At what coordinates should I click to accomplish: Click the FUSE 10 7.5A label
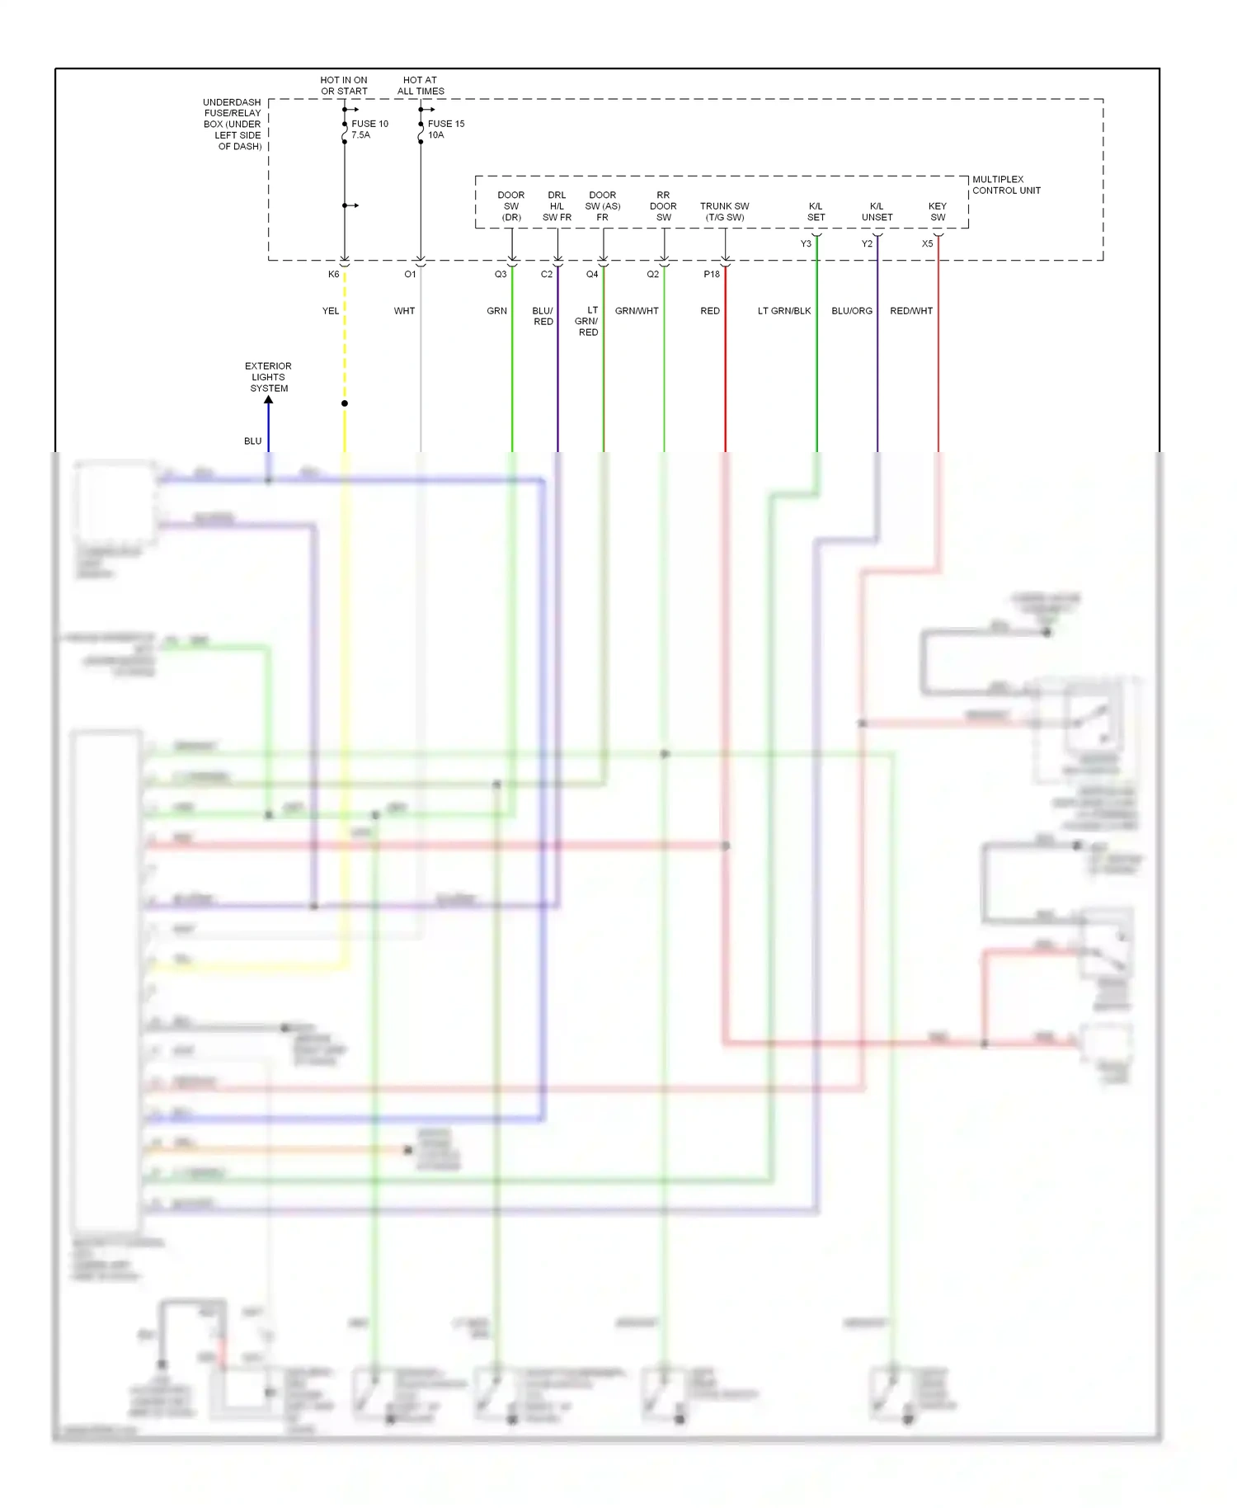pyautogui.click(x=369, y=130)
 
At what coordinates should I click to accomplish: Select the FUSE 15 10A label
pyautogui.click(x=445, y=130)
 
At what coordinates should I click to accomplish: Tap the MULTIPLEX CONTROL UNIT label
pyautogui.click(x=1005, y=185)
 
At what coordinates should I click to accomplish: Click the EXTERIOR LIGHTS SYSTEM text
pyautogui.click(x=268, y=377)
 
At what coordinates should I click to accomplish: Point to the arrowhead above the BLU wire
pyautogui.click(x=268, y=400)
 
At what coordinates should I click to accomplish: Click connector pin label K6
pyautogui.click(x=333, y=275)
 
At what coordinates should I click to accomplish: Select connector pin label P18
pyautogui.click(x=711, y=275)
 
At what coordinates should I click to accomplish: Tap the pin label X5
pyautogui.click(x=927, y=244)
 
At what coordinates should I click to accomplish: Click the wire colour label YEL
pyautogui.click(x=330, y=311)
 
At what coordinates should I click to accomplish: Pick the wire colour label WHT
pyautogui.click(x=404, y=311)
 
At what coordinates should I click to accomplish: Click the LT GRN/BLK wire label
pyautogui.click(x=783, y=311)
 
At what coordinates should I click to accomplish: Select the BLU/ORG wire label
pyautogui.click(x=851, y=311)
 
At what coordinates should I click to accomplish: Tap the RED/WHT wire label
pyautogui.click(x=910, y=311)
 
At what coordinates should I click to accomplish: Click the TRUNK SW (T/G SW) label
pyautogui.click(x=724, y=212)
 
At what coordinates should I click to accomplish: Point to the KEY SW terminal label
pyautogui.click(x=938, y=212)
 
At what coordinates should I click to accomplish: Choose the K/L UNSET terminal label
pyautogui.click(x=877, y=212)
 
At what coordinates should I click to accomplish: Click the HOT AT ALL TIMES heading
pyautogui.click(x=421, y=86)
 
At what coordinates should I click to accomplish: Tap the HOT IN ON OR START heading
pyautogui.click(x=344, y=86)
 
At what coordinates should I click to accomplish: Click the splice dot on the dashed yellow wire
pyautogui.click(x=345, y=403)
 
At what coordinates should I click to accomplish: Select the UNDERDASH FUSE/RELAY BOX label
pyautogui.click(x=233, y=125)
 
